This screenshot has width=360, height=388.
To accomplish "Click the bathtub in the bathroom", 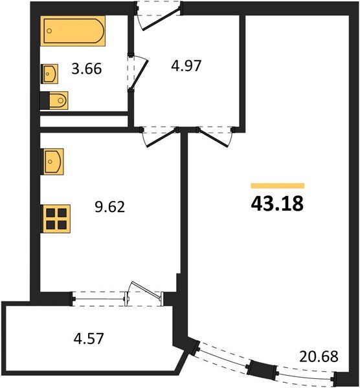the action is (73, 31).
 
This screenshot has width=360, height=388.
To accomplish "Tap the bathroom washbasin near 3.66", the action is (50, 74).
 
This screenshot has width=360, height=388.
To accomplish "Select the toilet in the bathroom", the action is (54, 100).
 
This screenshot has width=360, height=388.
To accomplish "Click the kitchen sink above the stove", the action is (52, 162).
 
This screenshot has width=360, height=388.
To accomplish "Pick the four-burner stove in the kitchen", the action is (55, 219).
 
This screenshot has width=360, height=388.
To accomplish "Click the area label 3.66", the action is (87, 69).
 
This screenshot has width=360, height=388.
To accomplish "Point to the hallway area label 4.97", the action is (186, 66).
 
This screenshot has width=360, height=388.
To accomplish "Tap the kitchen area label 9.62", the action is (110, 207).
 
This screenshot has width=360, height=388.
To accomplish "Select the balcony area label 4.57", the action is (89, 338).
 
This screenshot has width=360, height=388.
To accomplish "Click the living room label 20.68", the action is (319, 356).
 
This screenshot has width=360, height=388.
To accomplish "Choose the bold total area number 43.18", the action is (277, 204).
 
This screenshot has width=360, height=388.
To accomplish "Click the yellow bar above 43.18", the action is (278, 186).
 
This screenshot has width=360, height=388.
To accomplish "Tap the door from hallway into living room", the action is (212, 138).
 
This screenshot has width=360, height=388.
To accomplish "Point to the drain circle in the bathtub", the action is (49, 30).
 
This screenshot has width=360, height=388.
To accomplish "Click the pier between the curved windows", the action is (262, 368).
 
